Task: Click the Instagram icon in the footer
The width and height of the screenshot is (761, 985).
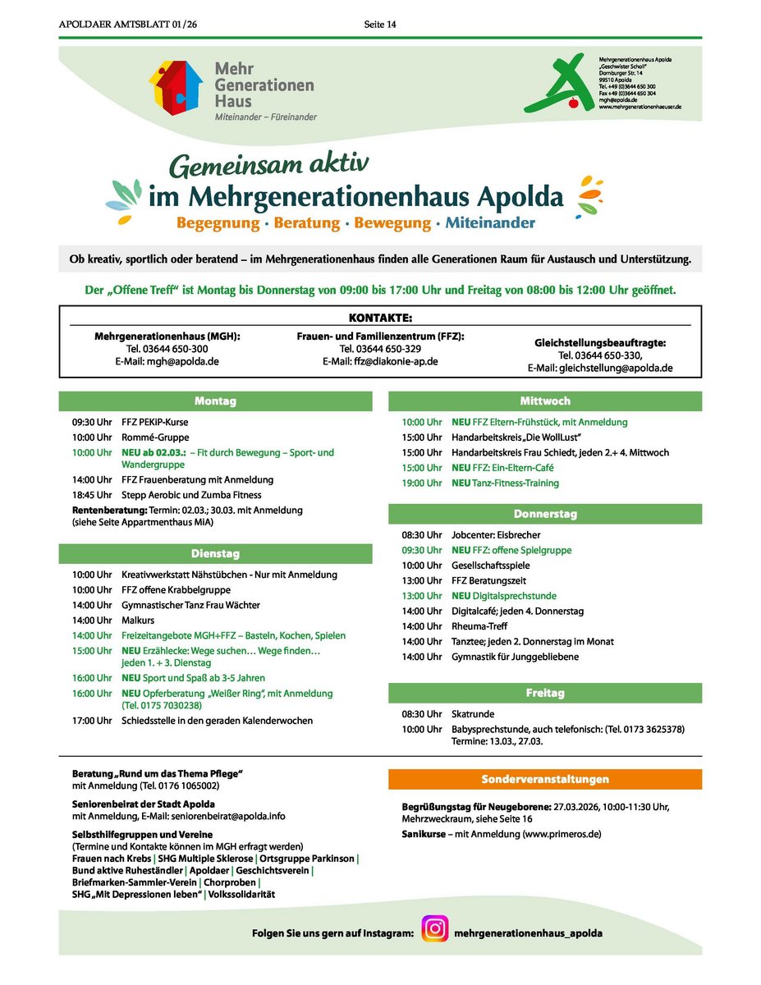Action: (x=436, y=928)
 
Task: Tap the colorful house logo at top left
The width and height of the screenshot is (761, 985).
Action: (x=175, y=86)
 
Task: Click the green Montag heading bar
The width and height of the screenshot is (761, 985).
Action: (x=215, y=401)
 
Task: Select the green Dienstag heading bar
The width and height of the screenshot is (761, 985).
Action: (x=215, y=553)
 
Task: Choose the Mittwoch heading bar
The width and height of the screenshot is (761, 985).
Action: (x=545, y=401)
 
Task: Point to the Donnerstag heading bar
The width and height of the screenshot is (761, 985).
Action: (x=545, y=514)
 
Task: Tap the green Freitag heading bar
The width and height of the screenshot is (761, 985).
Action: (x=545, y=693)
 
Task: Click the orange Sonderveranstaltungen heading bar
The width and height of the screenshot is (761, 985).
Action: (x=545, y=778)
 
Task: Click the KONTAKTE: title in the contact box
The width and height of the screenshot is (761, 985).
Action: (x=379, y=317)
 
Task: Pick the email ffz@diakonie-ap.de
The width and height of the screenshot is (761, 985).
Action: (x=380, y=361)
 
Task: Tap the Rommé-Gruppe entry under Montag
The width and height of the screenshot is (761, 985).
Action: (x=155, y=438)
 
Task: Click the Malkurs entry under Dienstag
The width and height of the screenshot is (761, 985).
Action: (x=138, y=621)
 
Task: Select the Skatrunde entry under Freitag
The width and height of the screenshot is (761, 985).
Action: (x=474, y=714)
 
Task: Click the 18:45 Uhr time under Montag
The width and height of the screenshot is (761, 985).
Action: (x=91, y=495)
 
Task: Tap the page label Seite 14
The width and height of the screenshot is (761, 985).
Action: (x=380, y=25)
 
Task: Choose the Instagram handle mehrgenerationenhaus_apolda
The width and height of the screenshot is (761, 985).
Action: (x=528, y=933)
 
